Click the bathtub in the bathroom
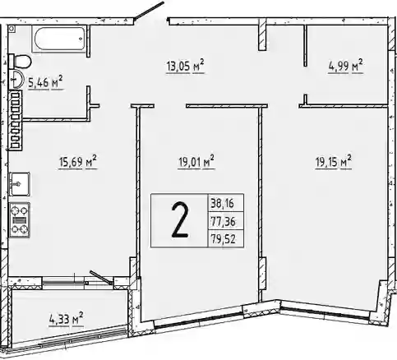click(x=59, y=39)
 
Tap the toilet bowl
click(x=20, y=61)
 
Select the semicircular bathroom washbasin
click(x=16, y=79)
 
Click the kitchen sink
click(x=20, y=184)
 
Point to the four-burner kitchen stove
click(x=20, y=219)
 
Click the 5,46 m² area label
click(x=46, y=83)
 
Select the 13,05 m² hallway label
click(x=185, y=66)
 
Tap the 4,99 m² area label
click(x=345, y=66)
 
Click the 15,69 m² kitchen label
click(x=78, y=162)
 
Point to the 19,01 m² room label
click(x=196, y=163)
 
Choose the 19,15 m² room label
click(x=334, y=163)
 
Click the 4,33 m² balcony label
click(x=67, y=319)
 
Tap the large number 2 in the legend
click(x=180, y=220)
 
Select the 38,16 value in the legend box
click(x=222, y=204)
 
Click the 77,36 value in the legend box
click(x=223, y=221)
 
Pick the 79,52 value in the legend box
click(x=223, y=239)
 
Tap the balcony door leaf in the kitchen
click(x=101, y=277)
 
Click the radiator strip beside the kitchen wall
click(x=16, y=121)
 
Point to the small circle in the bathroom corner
click(x=12, y=29)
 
